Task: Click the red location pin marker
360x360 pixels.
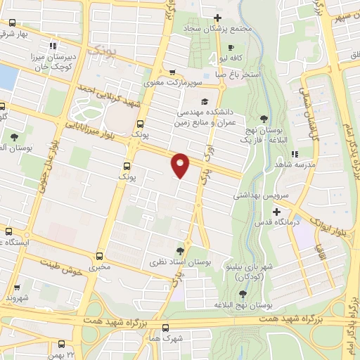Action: pos(181,165)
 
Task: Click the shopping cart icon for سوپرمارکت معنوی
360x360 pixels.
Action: pos(172,72)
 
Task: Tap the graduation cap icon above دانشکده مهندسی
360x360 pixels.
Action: pos(204,101)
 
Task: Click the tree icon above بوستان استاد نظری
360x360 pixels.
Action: pos(181,251)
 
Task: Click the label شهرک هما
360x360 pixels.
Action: pos(165,338)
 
